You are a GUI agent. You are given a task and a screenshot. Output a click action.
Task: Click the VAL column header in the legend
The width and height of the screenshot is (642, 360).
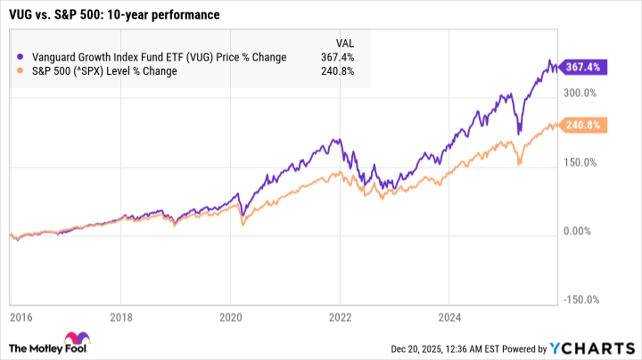click(343, 42)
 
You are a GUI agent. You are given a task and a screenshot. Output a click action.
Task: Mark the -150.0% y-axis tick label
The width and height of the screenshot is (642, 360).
click(578, 301)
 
